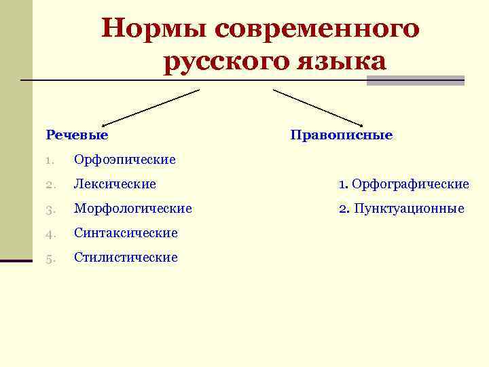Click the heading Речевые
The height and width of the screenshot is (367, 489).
[x=77, y=135]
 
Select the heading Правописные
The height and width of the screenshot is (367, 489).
[x=342, y=135]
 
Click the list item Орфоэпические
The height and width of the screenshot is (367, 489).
[x=125, y=160]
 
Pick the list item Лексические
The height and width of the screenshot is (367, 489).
[x=115, y=183]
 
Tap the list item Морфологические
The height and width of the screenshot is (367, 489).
[x=133, y=208]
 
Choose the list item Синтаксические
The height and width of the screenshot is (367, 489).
[x=126, y=233]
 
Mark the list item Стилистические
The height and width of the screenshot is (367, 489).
[x=126, y=258]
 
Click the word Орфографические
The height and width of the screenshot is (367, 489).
[x=411, y=183]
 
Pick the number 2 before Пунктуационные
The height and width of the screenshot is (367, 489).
[x=344, y=209]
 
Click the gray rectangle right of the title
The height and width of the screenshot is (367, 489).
[x=415, y=80]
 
